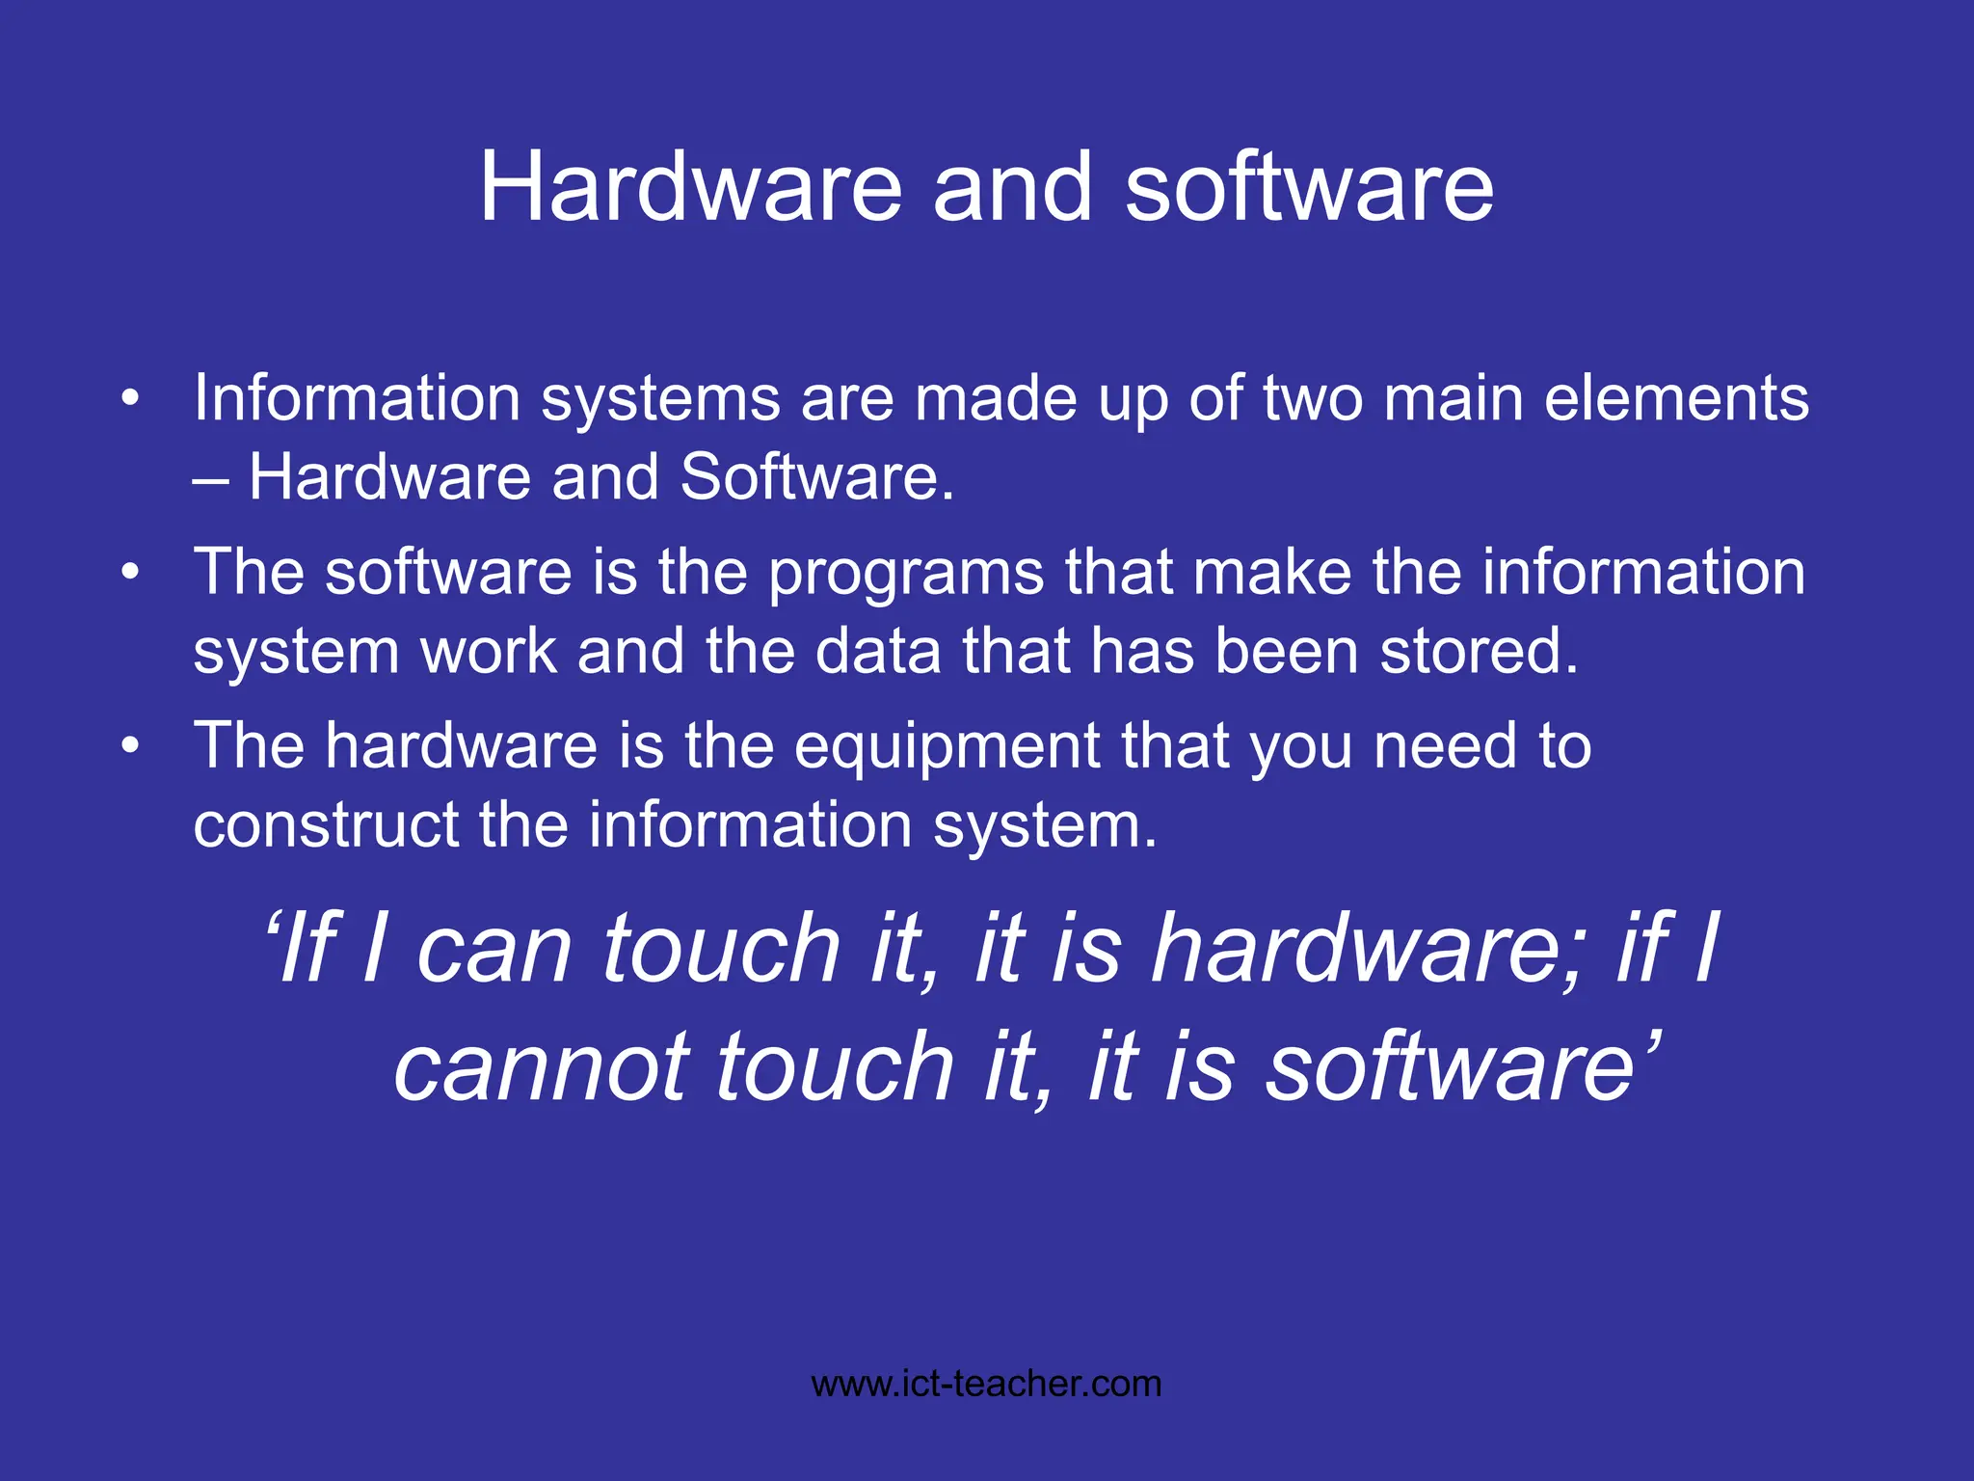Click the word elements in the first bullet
point(1676,398)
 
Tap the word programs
point(906,575)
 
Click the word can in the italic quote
point(494,951)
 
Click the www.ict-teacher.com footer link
point(986,1385)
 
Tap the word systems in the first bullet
point(660,400)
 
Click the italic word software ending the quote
point(1450,1066)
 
